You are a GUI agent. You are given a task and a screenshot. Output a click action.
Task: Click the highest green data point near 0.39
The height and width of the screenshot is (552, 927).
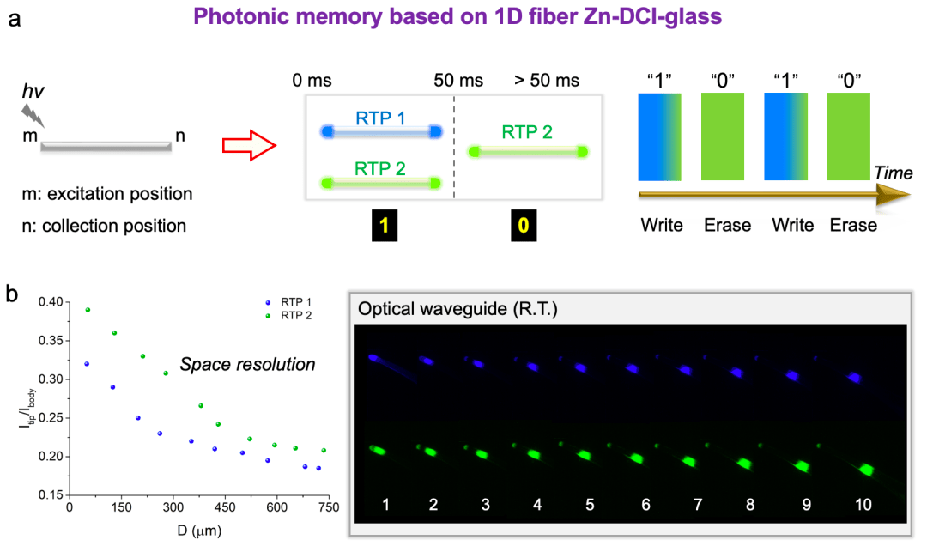click(88, 310)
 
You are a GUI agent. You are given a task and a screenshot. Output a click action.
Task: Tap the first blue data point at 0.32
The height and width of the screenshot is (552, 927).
click(87, 364)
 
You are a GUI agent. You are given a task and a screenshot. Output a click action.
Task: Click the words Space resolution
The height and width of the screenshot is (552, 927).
click(247, 365)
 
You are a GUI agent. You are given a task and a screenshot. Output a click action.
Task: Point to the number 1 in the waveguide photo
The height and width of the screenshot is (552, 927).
click(387, 505)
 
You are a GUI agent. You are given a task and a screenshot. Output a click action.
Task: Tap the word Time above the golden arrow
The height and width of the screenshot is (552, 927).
click(892, 173)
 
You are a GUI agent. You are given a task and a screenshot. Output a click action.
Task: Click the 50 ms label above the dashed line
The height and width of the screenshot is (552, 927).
click(458, 82)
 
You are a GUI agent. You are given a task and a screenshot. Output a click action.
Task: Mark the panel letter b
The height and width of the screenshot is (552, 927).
click(14, 294)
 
